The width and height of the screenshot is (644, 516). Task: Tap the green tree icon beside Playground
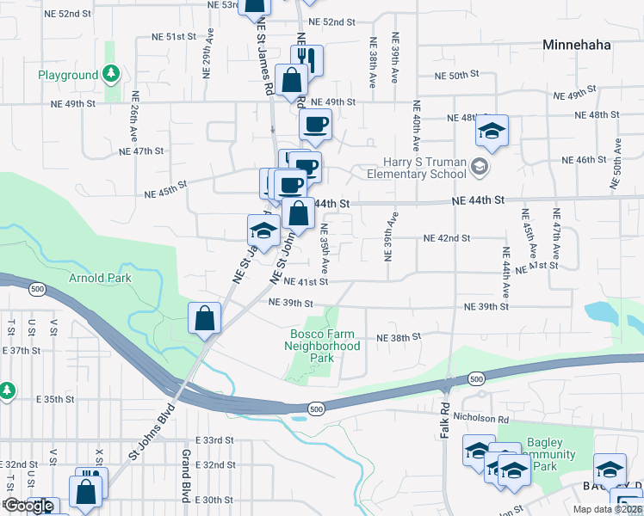point(111,75)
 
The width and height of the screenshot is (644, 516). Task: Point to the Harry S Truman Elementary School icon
point(480,166)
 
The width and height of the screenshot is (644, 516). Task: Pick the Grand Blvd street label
point(184,476)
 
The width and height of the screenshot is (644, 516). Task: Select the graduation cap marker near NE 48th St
point(492,131)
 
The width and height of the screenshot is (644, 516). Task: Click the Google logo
point(28,507)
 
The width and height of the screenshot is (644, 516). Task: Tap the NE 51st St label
point(175,37)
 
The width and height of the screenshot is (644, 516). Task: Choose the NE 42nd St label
point(447,238)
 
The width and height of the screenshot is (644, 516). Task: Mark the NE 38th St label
point(399,337)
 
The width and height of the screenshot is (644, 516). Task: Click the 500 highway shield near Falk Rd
point(476,378)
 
